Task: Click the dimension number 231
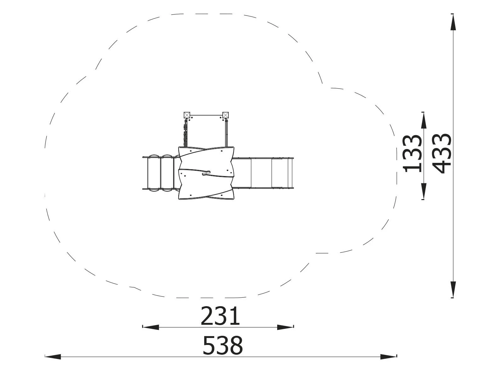[x=220, y=316]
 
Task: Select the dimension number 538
[x=222, y=346]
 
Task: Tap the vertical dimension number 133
[x=413, y=153]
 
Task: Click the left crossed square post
[x=187, y=115]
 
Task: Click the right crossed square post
[x=226, y=115]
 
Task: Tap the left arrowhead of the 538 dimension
[x=53, y=357]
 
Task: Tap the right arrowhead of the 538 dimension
[x=388, y=357]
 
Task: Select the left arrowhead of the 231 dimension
[x=151, y=327]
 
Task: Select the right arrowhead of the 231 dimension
[x=285, y=327]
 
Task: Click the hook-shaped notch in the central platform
[x=206, y=173]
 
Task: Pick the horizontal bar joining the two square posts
[x=206, y=115]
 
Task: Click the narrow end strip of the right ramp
[x=290, y=173]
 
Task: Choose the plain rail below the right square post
[x=226, y=132]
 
